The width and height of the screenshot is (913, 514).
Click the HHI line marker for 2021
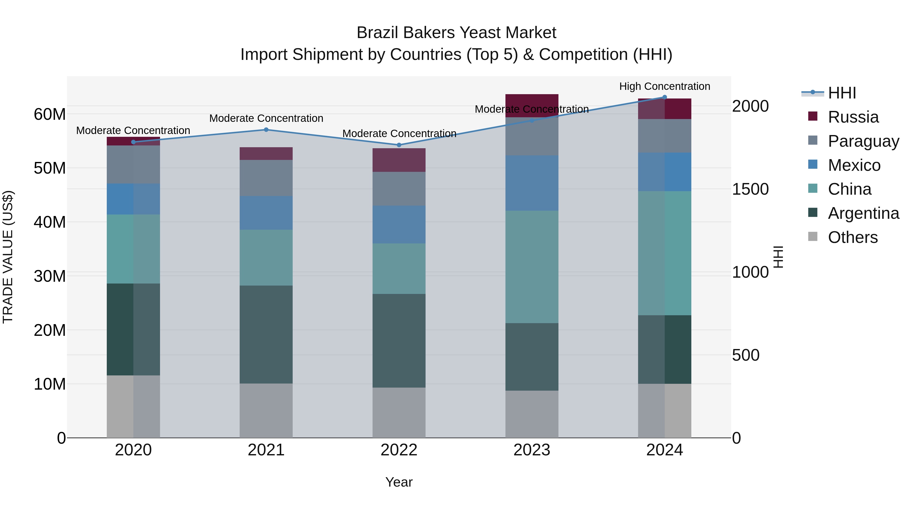coord(266,130)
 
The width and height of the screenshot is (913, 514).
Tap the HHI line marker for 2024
coord(664,97)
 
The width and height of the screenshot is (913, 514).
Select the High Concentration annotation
coord(664,87)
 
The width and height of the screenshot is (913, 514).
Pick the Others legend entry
coord(852,237)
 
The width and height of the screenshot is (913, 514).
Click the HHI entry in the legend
coord(841,93)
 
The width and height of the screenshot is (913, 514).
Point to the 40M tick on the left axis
coord(50,222)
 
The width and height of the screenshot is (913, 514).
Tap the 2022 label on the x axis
coord(399,450)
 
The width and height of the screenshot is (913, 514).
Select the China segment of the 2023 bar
coord(532,267)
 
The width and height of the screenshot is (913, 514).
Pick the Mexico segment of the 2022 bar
coord(399,225)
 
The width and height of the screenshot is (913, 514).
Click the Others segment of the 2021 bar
coord(266,410)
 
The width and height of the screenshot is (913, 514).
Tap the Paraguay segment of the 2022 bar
coord(399,189)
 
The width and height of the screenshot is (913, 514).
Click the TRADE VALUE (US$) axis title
coord(8,257)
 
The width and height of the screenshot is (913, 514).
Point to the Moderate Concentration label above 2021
coord(266,119)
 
